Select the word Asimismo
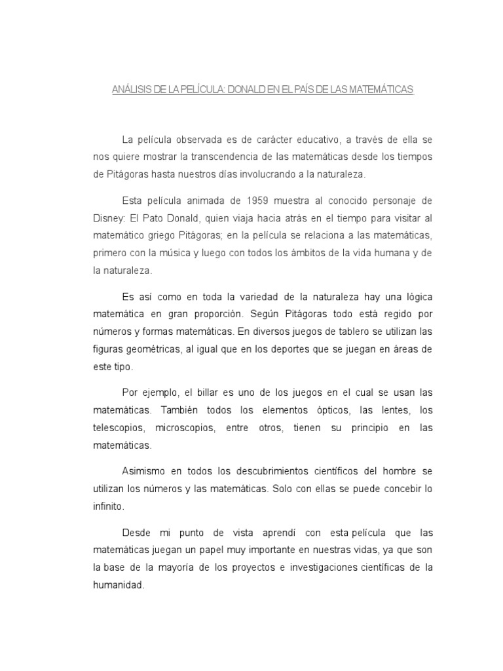pos(145,472)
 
